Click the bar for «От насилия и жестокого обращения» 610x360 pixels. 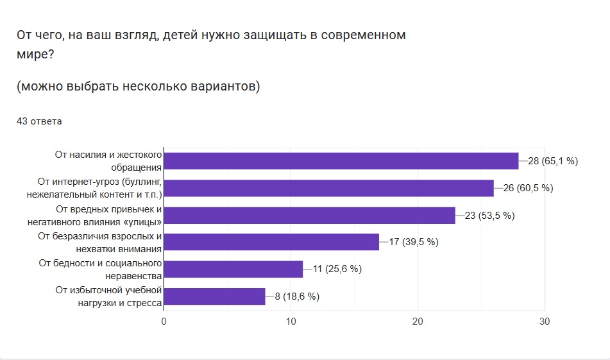coord(341,161)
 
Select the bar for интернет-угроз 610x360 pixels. coord(329,188)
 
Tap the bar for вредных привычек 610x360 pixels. coord(310,215)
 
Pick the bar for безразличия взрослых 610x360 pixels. coord(271,242)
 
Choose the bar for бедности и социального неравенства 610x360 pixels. coord(233,269)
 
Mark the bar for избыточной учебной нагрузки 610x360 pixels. coord(214,296)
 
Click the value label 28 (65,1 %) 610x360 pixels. coord(553,161)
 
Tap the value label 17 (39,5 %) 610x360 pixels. coord(414,243)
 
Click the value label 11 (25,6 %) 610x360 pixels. coord(337,270)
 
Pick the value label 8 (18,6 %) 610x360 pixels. coord(297,296)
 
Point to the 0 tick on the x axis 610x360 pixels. coord(164,321)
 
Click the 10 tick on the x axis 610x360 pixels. coord(291,321)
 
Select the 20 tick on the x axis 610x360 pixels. coord(418,321)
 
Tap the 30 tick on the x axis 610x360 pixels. coord(545,321)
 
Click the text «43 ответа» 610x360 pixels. coord(39,121)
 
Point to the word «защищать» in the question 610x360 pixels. coord(248,35)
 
